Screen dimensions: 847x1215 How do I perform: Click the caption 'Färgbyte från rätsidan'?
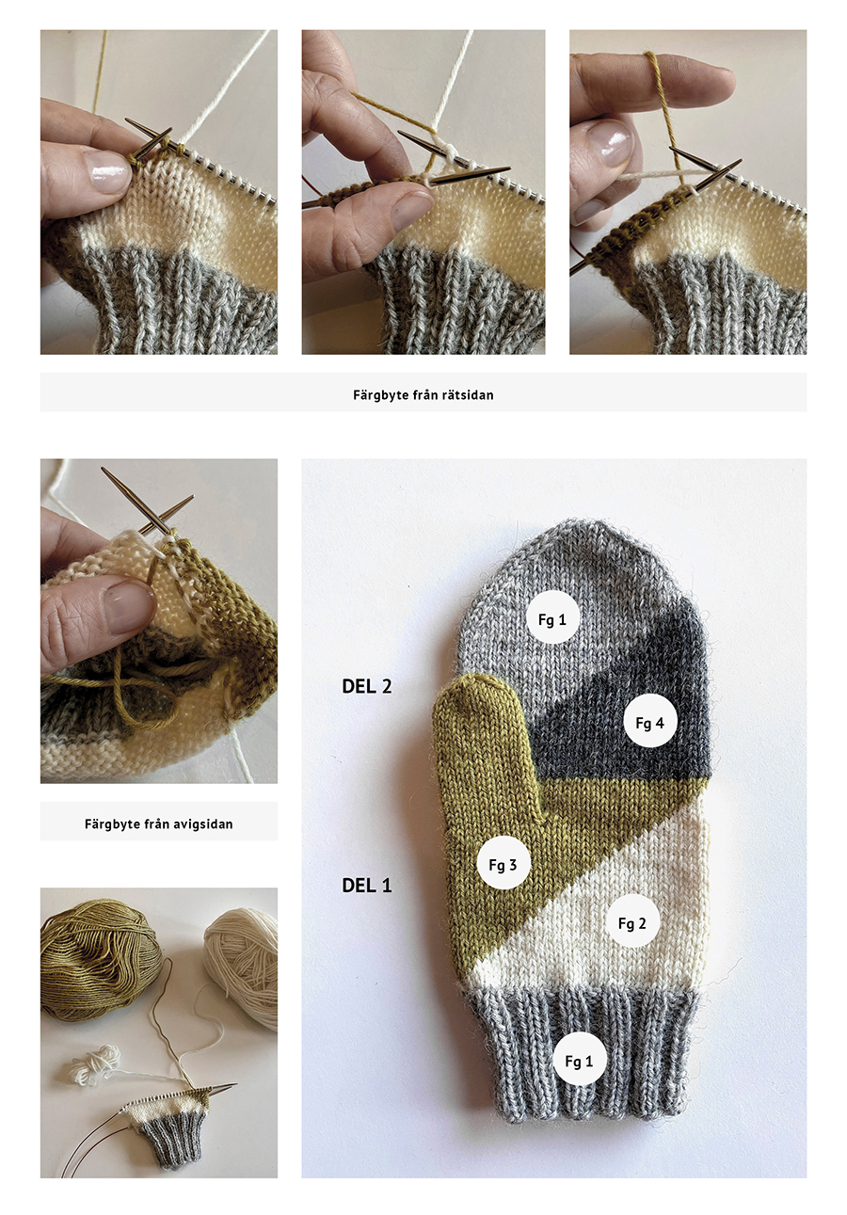click(x=423, y=395)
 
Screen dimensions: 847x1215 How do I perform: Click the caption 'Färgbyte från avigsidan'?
click(x=158, y=823)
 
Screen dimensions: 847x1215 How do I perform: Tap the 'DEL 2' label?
click(x=367, y=686)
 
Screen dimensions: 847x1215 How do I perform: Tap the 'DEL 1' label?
click(x=367, y=886)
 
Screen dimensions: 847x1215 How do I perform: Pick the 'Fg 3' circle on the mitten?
click(x=503, y=864)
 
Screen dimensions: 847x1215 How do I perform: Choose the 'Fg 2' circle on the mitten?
click(x=632, y=922)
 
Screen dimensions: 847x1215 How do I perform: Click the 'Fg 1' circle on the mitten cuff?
click(x=579, y=1061)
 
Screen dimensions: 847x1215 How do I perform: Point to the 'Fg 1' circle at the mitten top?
click(x=552, y=619)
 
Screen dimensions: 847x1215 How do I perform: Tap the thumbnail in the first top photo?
click(x=107, y=171)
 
